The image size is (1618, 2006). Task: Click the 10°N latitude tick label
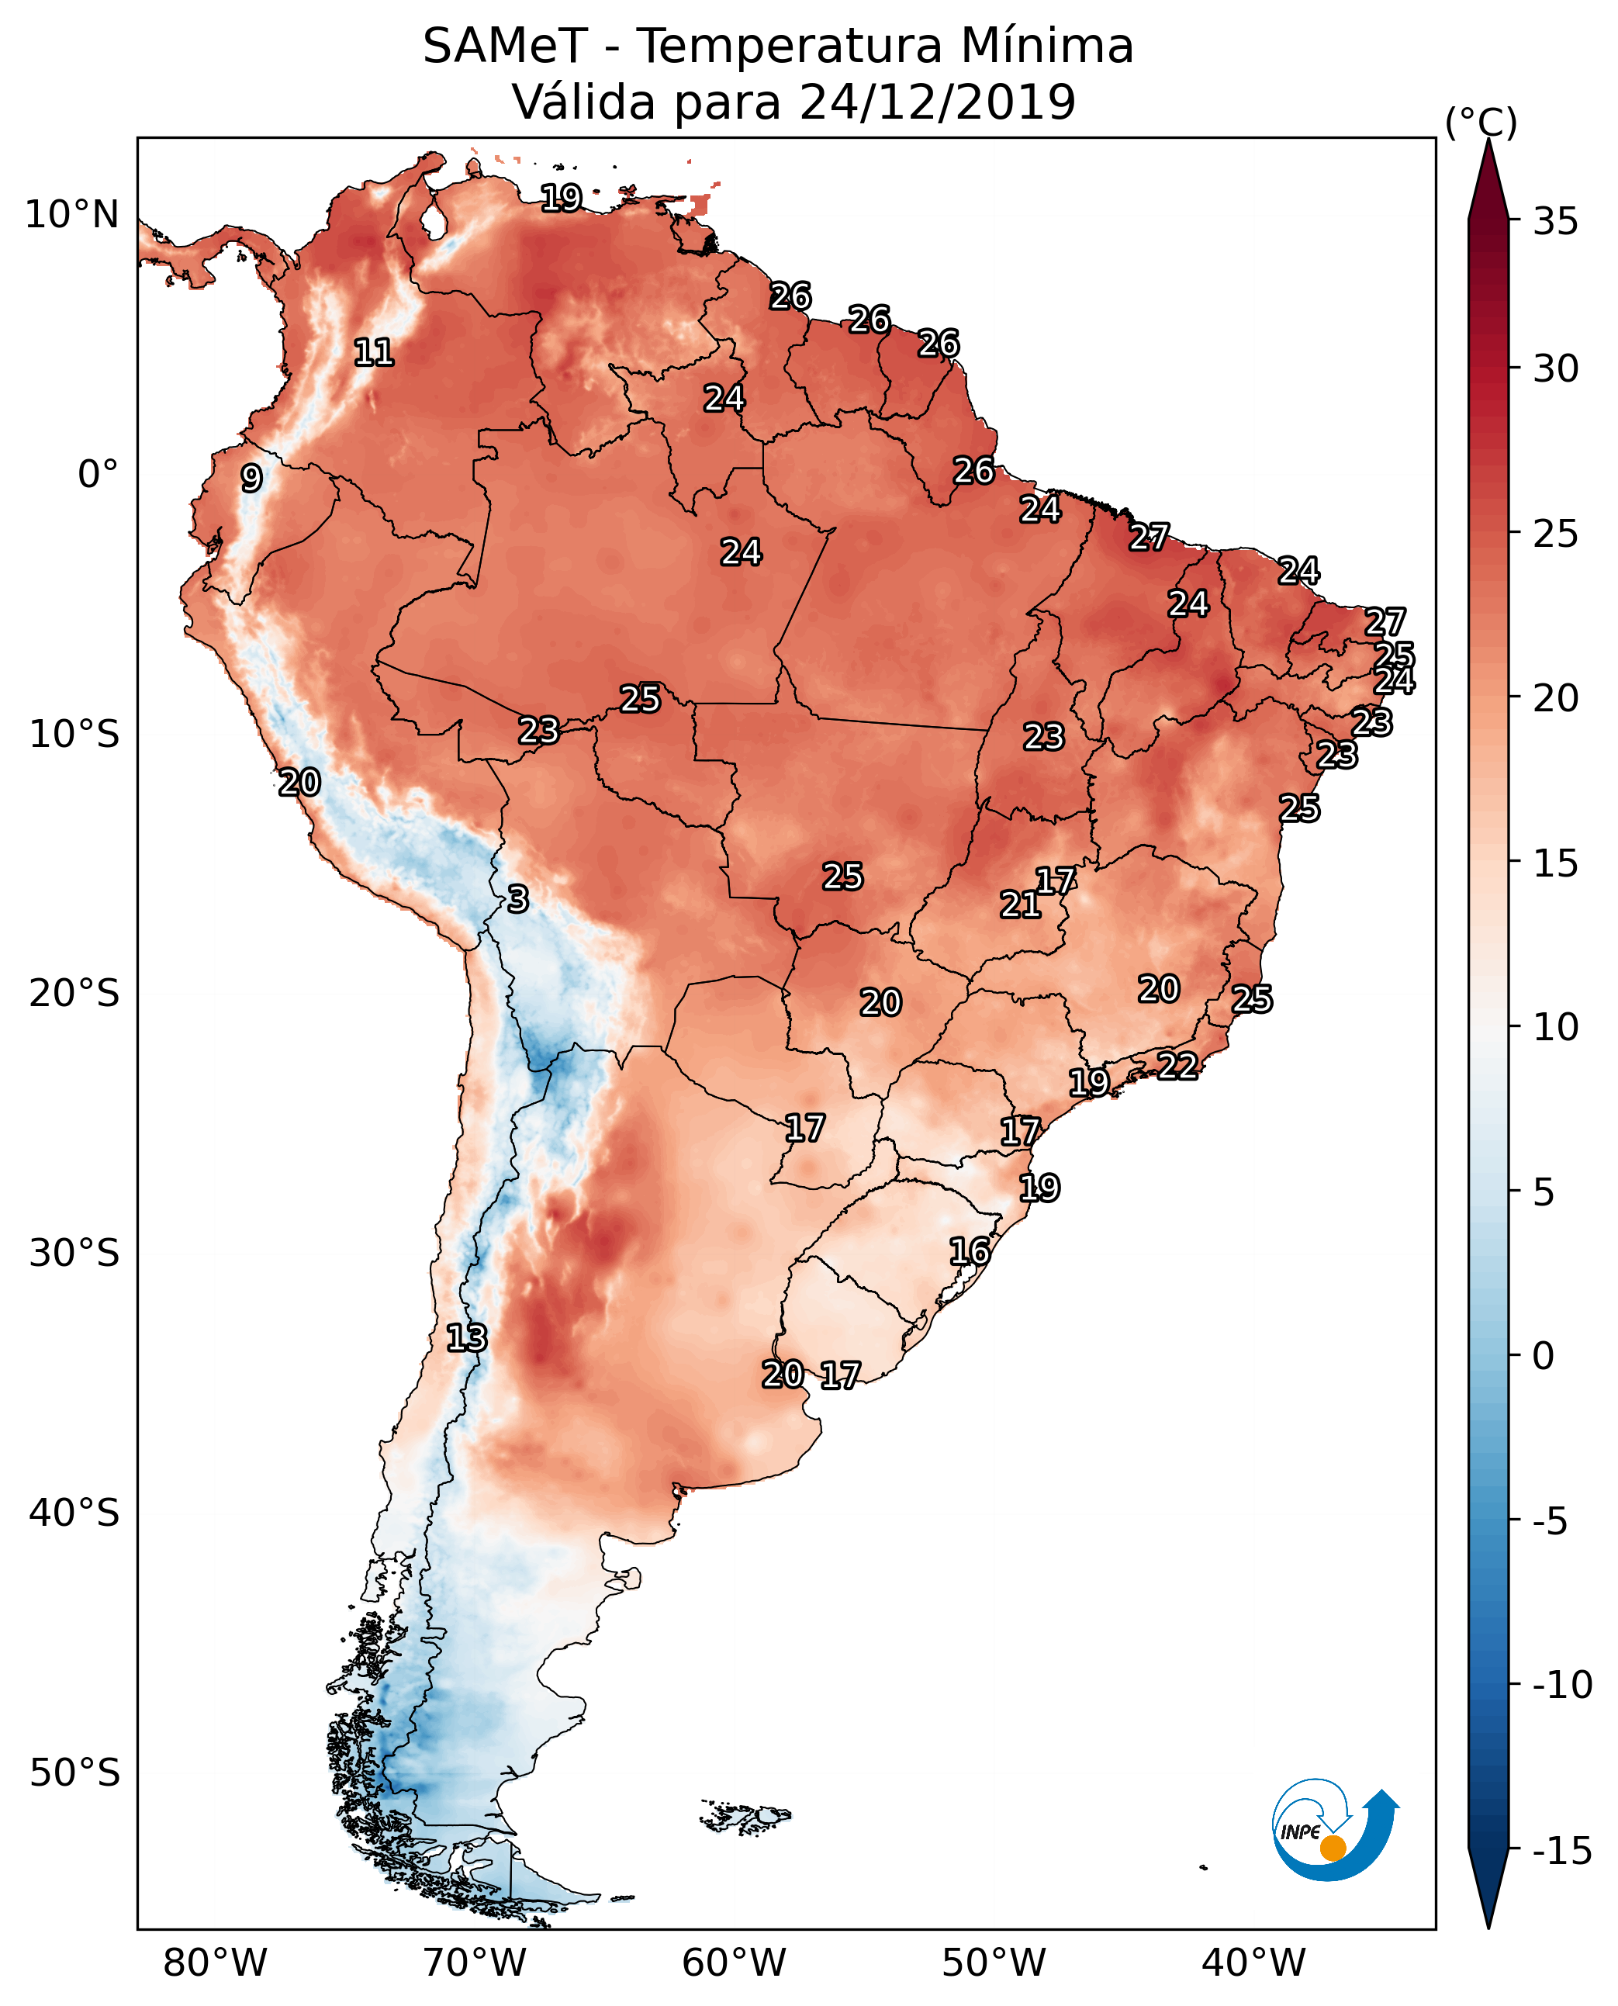pyautogui.click(x=72, y=216)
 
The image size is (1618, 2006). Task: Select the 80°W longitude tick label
pyautogui.click(x=216, y=1963)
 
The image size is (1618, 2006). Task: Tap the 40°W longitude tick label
pyautogui.click(x=1253, y=1963)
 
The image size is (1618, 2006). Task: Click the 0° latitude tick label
pyautogui.click(x=98, y=475)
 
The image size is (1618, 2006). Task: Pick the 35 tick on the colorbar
pyautogui.click(x=1555, y=222)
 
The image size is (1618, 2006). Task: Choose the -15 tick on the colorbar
pyautogui.click(x=1562, y=1852)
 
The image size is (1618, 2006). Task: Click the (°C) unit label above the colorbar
pyautogui.click(x=1481, y=122)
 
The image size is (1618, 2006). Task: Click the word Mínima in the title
pyautogui.click(x=1046, y=46)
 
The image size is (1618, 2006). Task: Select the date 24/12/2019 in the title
pyautogui.click(x=938, y=102)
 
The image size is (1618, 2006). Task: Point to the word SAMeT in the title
pyautogui.click(x=505, y=46)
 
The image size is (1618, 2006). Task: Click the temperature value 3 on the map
pyautogui.click(x=518, y=898)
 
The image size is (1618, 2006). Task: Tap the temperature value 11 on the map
pyautogui.click(x=374, y=352)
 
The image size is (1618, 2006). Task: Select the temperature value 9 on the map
pyautogui.click(x=251, y=478)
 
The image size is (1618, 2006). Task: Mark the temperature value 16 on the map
pyautogui.click(x=970, y=1251)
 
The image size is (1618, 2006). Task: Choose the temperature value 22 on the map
pyautogui.click(x=1177, y=1066)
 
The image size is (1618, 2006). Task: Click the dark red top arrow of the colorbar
pyautogui.click(x=1488, y=179)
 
